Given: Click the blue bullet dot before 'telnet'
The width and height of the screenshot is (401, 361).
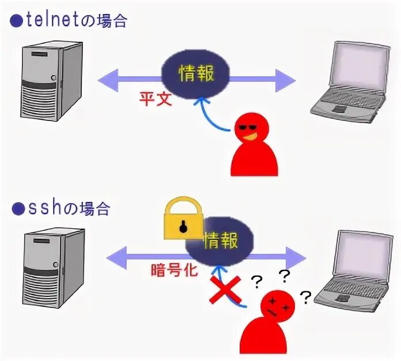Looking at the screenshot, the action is pos(16,21).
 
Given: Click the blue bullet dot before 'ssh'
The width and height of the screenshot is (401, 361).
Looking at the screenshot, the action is pos(16,209).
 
